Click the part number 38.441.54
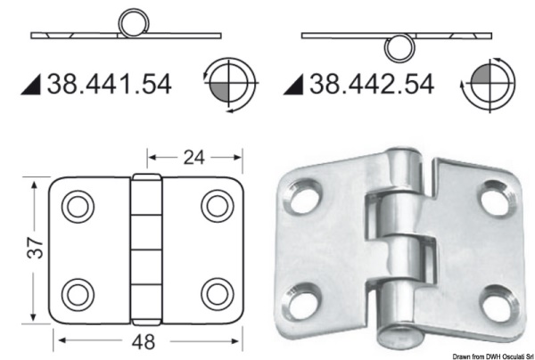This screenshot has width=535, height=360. tap(109, 85)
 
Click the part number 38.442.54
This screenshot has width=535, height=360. tap(372, 85)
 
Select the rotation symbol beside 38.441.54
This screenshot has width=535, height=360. tap(229, 85)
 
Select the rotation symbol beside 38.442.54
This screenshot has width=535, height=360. tap(489, 84)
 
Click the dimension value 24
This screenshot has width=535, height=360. tap(194, 158)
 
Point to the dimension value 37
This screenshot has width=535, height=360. tap(36, 248)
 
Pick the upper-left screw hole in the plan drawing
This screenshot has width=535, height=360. tap(78, 207)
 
